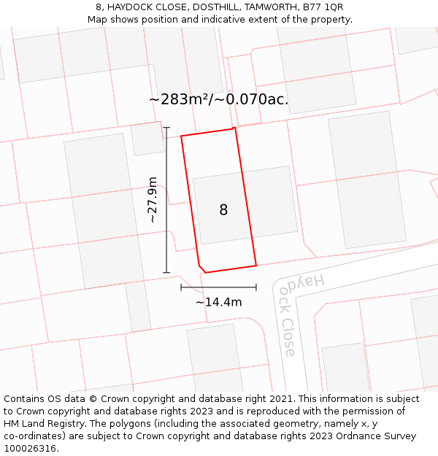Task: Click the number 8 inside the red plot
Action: [x=223, y=210]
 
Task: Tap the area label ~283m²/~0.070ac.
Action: [x=218, y=99]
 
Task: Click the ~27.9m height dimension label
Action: [x=152, y=199]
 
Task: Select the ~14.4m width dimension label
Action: [x=218, y=302]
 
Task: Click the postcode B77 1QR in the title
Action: [x=322, y=7]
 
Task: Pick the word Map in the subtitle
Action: [x=98, y=20]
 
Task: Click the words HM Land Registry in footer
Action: [x=46, y=424]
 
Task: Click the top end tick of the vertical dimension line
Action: [x=166, y=128]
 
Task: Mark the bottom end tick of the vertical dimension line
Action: [x=166, y=273]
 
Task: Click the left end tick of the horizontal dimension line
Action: [x=181, y=287]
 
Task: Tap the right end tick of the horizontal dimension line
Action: [x=256, y=287]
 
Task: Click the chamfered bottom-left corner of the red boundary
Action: [x=201, y=268]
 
